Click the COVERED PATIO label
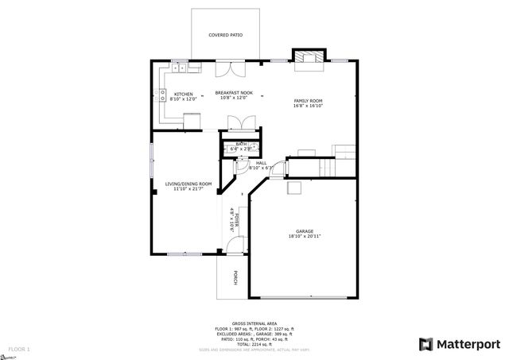coord(225,36)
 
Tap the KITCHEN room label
coord(183,94)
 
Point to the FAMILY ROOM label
coord(308,100)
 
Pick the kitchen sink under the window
coord(180,69)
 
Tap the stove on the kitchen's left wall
coord(164,98)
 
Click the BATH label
coord(240,144)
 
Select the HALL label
coord(261,163)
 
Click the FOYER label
coord(237,219)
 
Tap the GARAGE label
coord(305,231)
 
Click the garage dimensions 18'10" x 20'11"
coord(305,237)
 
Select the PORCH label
coord(235,277)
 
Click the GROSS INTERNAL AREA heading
coord(254,323)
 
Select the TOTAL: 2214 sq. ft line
coord(254,343)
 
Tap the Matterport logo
coord(459,343)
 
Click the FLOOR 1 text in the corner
coord(19,349)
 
